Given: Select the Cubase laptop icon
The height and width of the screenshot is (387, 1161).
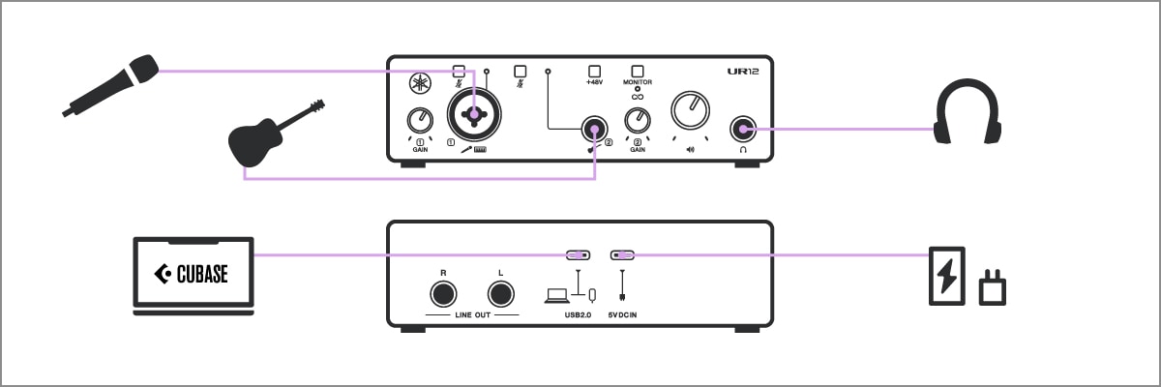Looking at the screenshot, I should (x=193, y=275).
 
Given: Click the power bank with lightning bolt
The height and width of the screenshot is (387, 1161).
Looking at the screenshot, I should (x=946, y=276).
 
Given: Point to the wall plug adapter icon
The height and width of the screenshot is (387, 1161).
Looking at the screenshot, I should (x=993, y=287).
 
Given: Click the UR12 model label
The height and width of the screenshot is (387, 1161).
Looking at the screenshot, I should (x=745, y=72).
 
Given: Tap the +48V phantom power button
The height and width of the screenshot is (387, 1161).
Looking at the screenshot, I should (x=594, y=72).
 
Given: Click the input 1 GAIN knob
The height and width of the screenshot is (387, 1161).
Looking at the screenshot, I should (x=420, y=121).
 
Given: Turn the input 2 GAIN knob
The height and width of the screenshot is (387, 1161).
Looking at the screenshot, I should (x=638, y=121).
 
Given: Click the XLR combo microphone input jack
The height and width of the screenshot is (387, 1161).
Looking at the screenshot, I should (x=474, y=115).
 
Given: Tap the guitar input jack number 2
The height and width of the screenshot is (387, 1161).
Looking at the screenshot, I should (x=592, y=127).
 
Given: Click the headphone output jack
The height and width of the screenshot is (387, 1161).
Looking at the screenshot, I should (x=744, y=128).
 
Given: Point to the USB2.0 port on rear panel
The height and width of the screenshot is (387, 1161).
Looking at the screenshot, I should (x=579, y=255).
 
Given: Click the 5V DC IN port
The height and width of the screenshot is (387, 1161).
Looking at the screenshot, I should (x=622, y=255).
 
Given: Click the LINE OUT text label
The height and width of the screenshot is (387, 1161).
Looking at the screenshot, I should (x=472, y=314).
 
